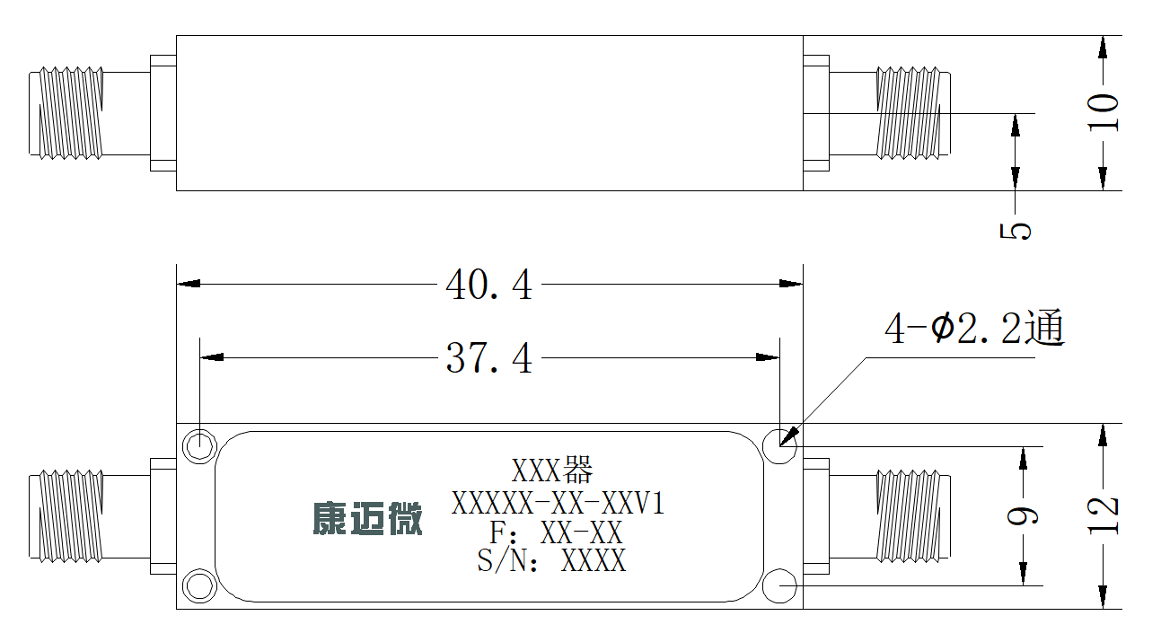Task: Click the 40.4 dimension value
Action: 488,285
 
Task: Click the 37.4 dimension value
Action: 488,358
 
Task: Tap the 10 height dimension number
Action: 1103,113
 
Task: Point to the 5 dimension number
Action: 1016,231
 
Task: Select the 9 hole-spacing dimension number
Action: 1023,515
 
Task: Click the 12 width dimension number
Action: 1103,515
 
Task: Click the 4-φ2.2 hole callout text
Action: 974,328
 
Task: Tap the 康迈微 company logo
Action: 367,518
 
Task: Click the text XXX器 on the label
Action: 552,470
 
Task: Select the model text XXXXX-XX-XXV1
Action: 558,503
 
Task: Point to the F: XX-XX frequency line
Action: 555,532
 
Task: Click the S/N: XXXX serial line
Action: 551,560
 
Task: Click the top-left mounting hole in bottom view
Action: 199,446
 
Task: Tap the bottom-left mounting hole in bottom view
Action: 199,586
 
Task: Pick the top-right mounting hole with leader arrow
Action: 780,446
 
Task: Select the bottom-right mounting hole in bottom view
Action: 780,586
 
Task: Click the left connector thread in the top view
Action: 71,113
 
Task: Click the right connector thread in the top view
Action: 908,113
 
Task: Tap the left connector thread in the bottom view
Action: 71,516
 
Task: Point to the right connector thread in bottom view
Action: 908,516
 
